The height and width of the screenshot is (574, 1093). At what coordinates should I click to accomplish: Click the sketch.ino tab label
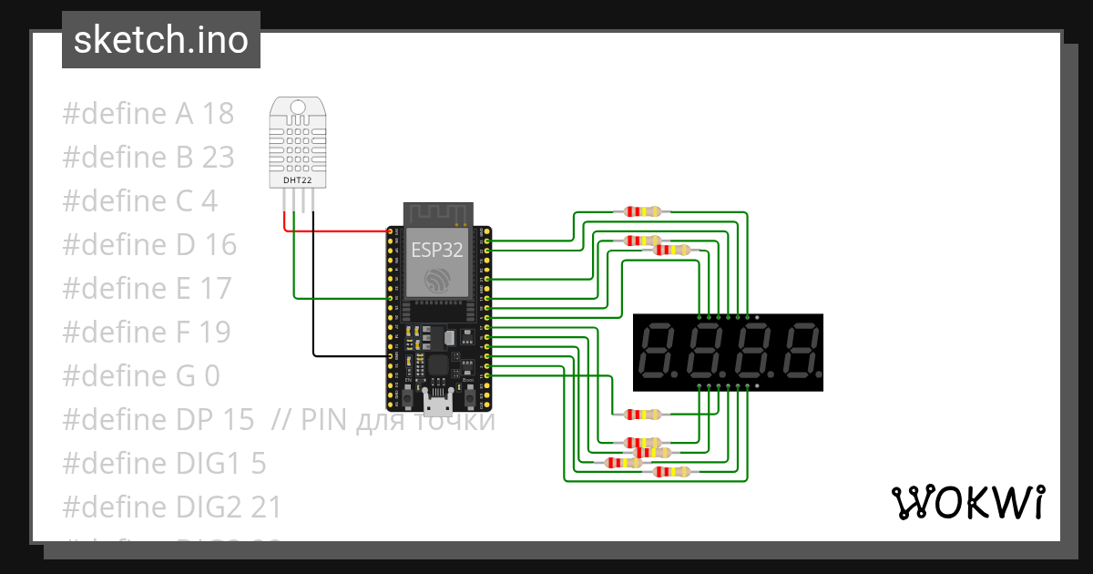[160, 40]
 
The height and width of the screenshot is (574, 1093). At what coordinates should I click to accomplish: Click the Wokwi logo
[966, 502]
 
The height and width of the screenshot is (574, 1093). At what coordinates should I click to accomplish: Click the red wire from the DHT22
[337, 231]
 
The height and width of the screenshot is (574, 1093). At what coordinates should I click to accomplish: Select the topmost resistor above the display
[642, 211]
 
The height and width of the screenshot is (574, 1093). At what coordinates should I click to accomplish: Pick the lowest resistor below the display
[671, 471]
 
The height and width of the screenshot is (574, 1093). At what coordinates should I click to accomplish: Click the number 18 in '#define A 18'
[218, 114]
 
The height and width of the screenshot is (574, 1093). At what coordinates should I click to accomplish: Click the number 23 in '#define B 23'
[218, 158]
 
